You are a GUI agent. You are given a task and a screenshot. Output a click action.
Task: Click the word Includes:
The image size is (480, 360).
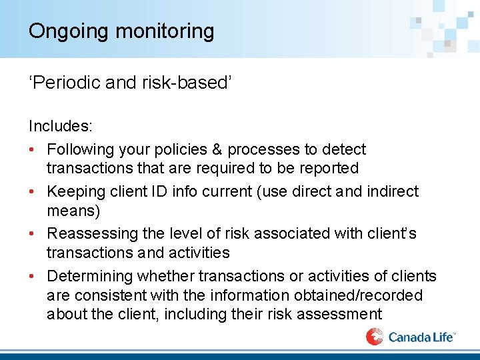pyautogui.click(x=61, y=125)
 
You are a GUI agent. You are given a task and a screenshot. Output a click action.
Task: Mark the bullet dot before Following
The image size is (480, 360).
pyautogui.click(x=33, y=149)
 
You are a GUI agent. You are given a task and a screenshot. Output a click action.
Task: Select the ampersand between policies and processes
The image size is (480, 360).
pyautogui.click(x=213, y=149)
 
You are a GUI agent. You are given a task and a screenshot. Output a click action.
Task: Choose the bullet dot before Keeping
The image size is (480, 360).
pyautogui.click(x=33, y=191)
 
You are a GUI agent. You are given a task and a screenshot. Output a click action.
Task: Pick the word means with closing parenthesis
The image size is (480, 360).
pyautogui.click(x=74, y=211)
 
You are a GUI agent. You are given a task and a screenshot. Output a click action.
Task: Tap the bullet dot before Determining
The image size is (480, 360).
pyautogui.click(x=33, y=276)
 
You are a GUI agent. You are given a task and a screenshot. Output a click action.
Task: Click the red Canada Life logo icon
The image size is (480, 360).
pyautogui.click(x=374, y=337)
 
